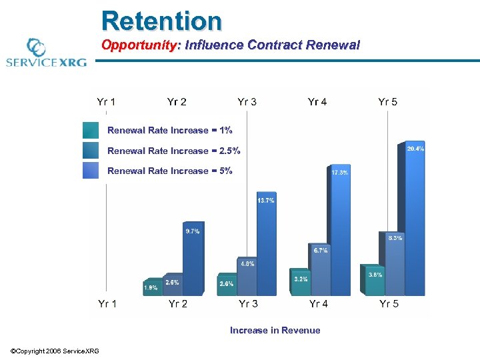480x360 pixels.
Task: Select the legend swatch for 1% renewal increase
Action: (90, 130)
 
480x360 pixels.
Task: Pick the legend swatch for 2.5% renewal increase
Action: (90, 150)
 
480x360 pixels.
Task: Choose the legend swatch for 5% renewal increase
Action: (90, 171)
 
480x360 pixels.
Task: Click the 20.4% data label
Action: (415, 149)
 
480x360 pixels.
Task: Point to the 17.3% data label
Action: (340, 173)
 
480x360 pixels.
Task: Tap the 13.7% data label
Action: (265, 201)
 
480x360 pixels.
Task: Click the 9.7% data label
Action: (192, 231)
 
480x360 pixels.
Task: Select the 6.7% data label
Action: (320, 251)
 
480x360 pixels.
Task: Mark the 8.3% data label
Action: (395, 238)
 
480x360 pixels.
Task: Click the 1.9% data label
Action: (151, 287)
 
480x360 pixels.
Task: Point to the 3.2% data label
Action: (301, 279)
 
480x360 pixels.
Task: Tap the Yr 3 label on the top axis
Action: (247, 102)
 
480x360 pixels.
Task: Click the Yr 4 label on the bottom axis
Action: (319, 304)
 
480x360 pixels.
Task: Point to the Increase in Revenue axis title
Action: (275, 330)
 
